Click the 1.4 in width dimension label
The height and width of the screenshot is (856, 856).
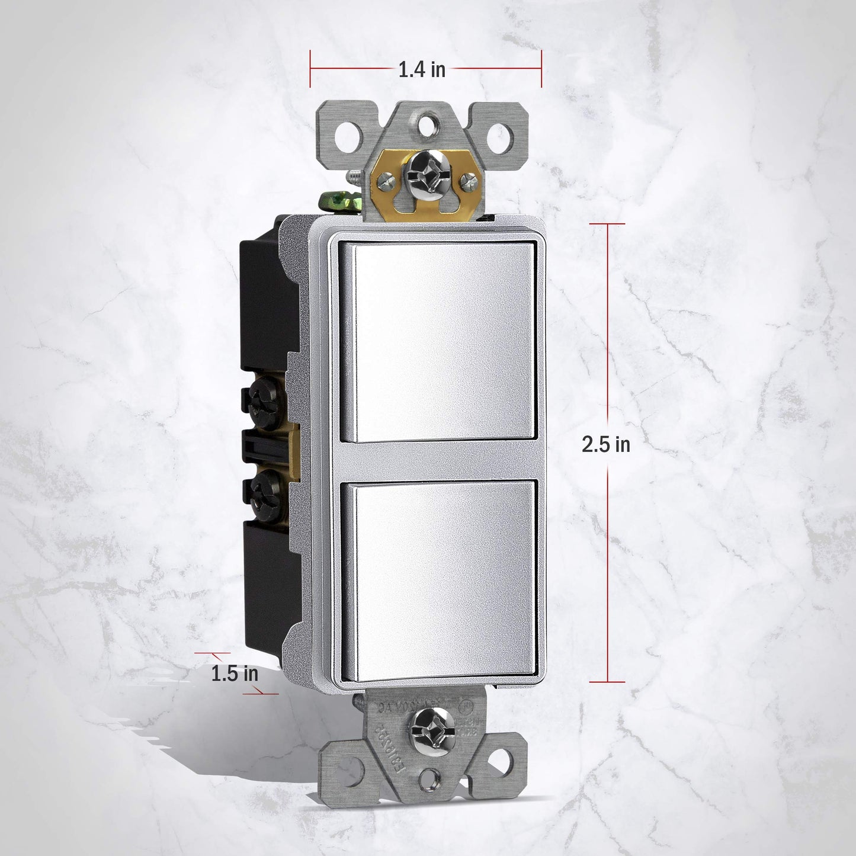pos(421,69)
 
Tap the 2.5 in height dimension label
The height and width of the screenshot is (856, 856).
pos(606,444)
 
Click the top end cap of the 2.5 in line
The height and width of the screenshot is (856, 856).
pos(607,224)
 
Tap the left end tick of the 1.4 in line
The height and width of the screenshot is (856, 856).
pos(310,69)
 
